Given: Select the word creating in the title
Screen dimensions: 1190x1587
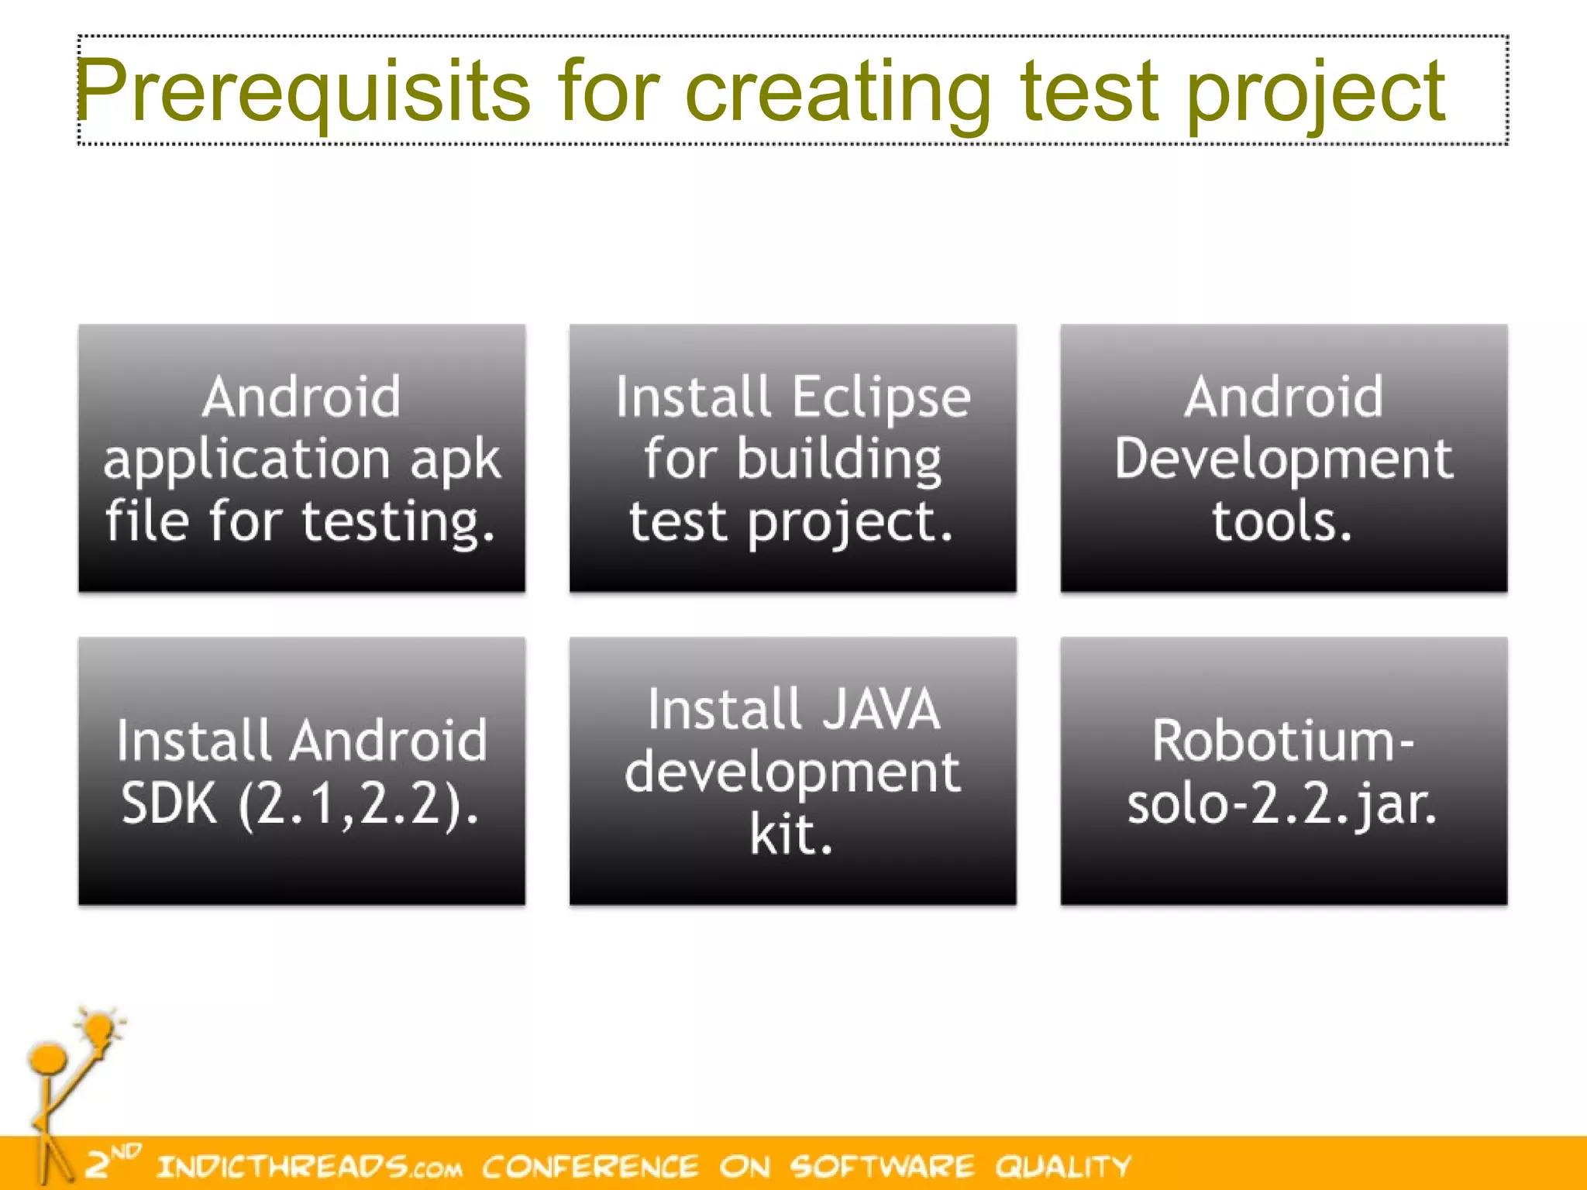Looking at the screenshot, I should (838, 93).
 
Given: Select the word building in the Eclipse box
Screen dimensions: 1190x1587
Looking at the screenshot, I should (838, 459).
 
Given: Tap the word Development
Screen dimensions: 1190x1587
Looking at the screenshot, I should (1283, 459).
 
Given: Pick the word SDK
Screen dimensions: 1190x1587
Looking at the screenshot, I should (169, 803).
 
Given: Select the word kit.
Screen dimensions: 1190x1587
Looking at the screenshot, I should (790, 835).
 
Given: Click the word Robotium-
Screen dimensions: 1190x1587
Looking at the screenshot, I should (1283, 741).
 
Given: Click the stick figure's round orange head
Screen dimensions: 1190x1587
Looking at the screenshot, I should (48, 1058).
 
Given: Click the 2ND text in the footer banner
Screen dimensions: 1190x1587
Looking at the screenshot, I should (112, 1161).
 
